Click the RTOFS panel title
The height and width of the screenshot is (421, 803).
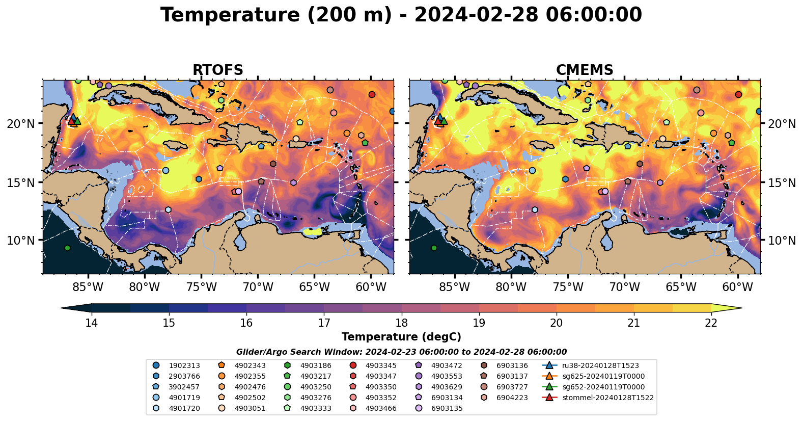[217, 70]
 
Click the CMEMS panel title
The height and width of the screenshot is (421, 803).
[585, 70]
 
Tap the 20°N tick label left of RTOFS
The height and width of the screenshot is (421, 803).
[21, 124]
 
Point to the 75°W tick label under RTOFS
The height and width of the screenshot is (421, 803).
[201, 287]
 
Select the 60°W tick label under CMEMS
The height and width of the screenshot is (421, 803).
[737, 287]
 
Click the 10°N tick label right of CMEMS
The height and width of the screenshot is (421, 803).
[782, 240]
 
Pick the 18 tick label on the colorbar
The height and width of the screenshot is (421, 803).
[401, 323]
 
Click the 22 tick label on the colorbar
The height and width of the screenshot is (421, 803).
[711, 323]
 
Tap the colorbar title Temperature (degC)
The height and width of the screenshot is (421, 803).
[401, 337]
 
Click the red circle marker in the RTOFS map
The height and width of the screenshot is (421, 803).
[372, 95]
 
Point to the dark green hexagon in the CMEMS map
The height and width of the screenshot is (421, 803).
[434, 248]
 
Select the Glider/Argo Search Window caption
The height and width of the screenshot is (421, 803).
[401, 352]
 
